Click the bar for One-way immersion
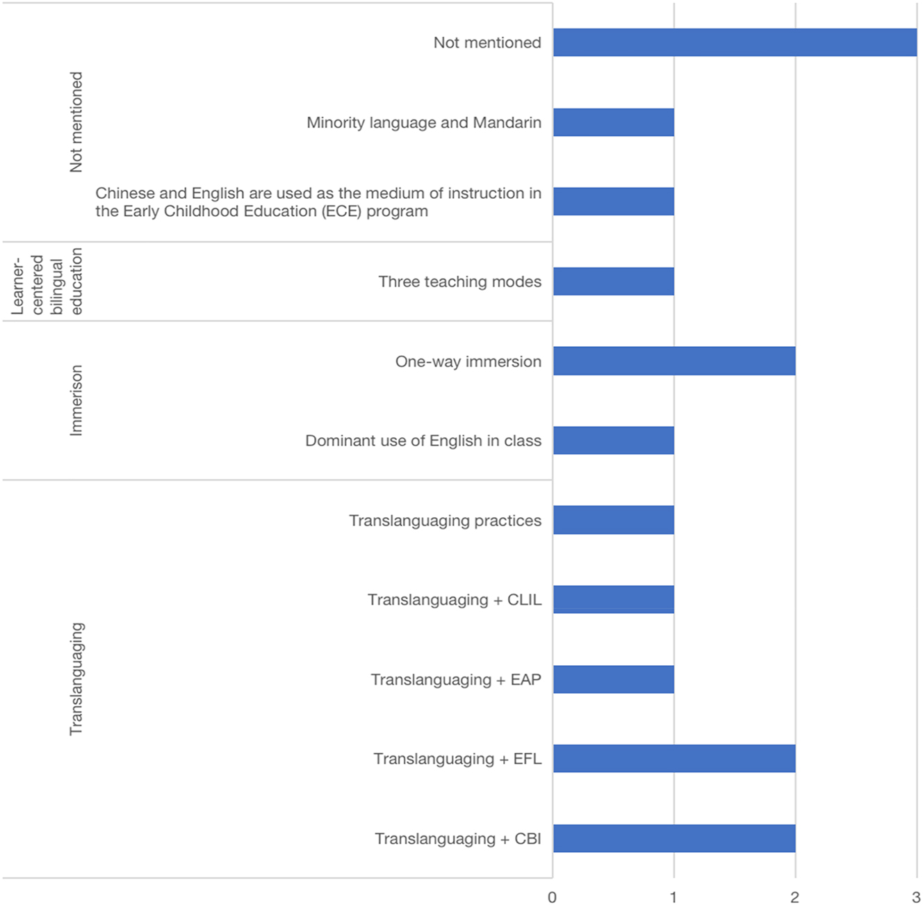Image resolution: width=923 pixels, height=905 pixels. [x=674, y=361]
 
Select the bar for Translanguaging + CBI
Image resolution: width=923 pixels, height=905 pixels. [x=674, y=838]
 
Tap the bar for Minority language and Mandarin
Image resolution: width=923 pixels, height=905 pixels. [x=614, y=122]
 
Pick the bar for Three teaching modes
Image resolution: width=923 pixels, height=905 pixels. [x=614, y=282]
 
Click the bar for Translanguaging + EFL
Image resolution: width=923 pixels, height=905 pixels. [x=674, y=758]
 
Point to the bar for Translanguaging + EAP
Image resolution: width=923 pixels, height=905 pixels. [x=614, y=679]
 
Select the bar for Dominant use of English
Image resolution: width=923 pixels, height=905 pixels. [x=614, y=441]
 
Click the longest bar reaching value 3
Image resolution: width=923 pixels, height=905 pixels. [x=735, y=42]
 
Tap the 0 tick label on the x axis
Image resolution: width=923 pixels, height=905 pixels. [x=552, y=897]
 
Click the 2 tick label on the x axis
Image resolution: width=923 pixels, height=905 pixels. [x=794, y=897]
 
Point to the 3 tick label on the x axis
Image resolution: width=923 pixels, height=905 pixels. [x=916, y=897]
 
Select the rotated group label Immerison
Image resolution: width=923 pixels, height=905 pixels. [x=76, y=400]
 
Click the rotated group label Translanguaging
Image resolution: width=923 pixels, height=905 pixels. [x=76, y=678]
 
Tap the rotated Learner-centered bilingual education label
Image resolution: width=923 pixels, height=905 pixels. [x=47, y=282]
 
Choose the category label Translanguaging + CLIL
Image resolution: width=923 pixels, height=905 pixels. [x=454, y=600]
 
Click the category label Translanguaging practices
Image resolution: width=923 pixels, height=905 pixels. [x=445, y=521]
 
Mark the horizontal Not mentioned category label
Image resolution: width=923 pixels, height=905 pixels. [x=487, y=42]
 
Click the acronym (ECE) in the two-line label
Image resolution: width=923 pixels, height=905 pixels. [x=341, y=211]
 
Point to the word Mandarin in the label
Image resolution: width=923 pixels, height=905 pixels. [x=507, y=122]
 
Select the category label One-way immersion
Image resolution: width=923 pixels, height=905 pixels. [x=468, y=361]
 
